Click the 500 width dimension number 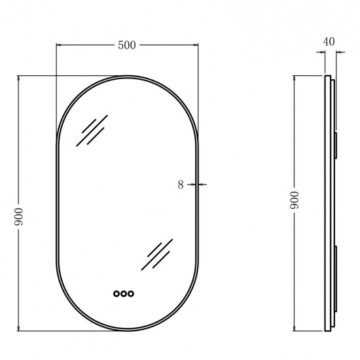pos(127,45)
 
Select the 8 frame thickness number pos(181,185)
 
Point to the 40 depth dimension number pos(329,41)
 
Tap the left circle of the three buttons pos(116,294)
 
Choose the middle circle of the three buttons pos(123,294)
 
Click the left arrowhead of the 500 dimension pos(59,45)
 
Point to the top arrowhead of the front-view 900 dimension pos(18,78)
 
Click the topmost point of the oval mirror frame pos(127,77)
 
